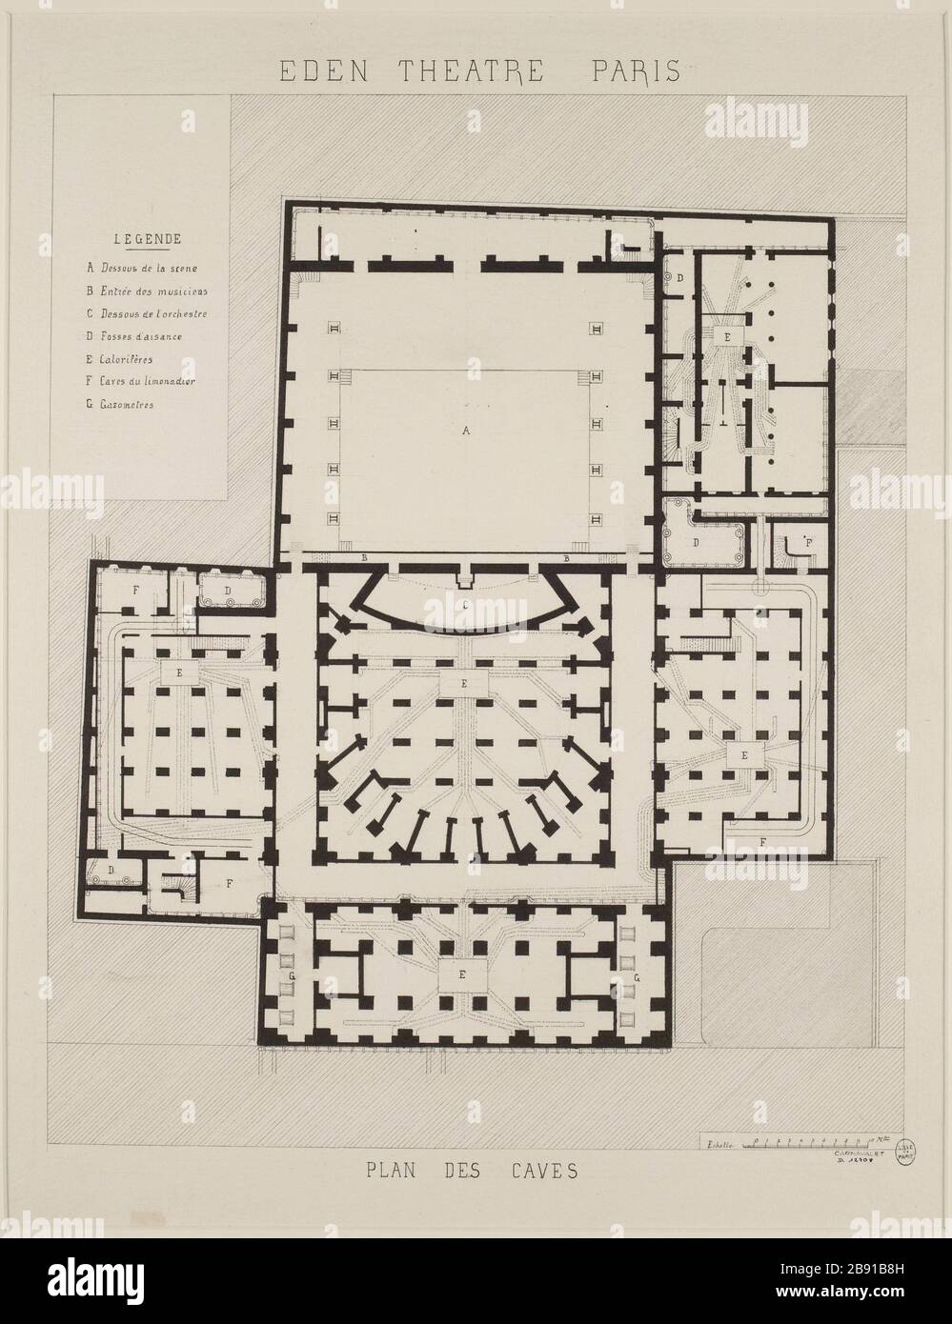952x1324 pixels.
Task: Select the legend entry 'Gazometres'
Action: click(x=125, y=405)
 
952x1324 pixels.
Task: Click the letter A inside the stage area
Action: click(x=466, y=431)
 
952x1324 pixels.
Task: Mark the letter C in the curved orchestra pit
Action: click(x=464, y=605)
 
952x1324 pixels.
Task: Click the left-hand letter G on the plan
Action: click(x=291, y=977)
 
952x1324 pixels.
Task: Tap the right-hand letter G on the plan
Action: click(x=637, y=977)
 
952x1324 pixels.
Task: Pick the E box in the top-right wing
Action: click(x=726, y=336)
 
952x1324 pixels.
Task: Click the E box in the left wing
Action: click(x=180, y=672)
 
